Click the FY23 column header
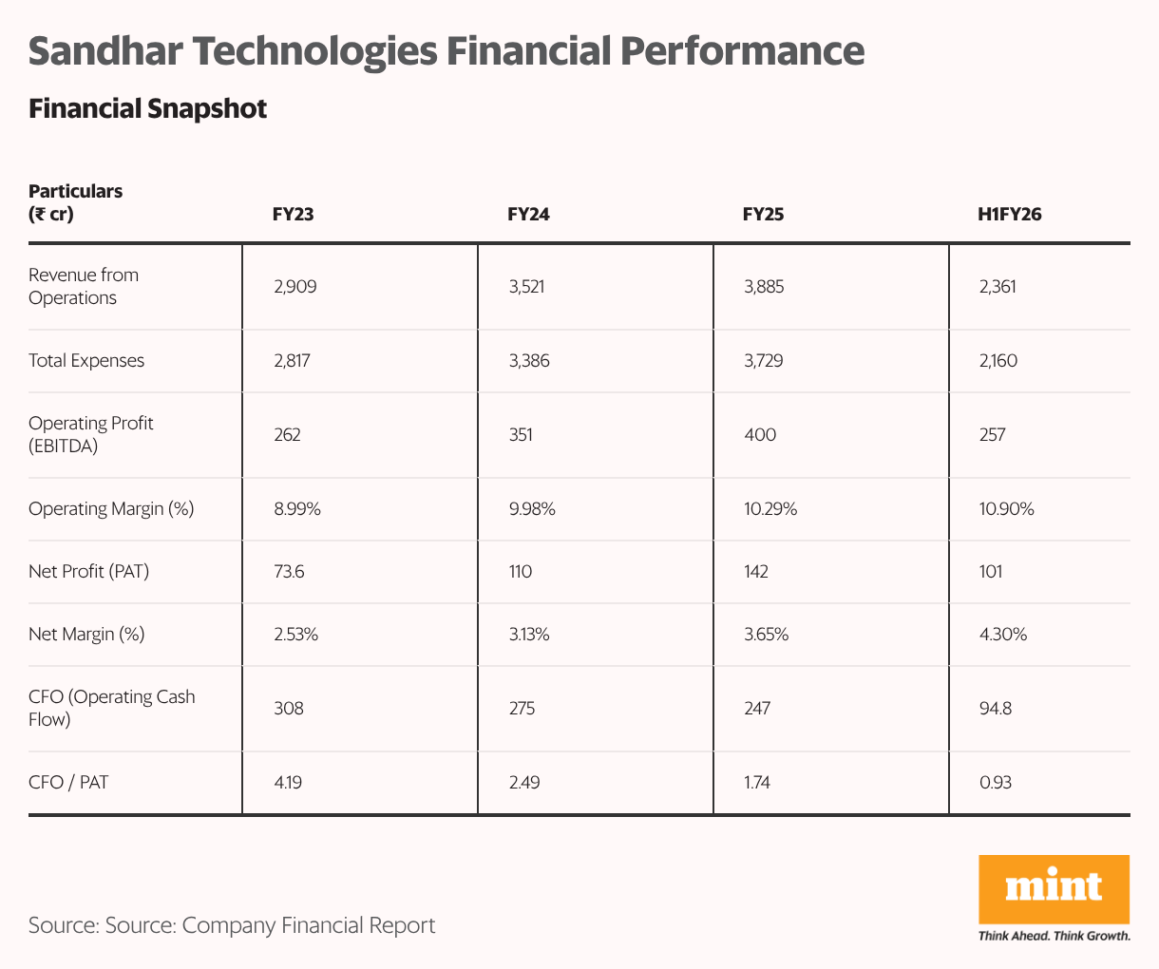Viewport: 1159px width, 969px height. click(x=294, y=215)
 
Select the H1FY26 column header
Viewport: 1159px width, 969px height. click(x=1010, y=215)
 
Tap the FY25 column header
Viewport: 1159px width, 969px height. click(x=763, y=215)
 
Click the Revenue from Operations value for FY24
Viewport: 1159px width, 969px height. click(x=528, y=287)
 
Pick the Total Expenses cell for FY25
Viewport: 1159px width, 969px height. click(x=764, y=361)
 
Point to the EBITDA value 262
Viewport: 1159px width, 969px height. click(x=287, y=435)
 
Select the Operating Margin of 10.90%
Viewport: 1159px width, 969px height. click(x=1006, y=509)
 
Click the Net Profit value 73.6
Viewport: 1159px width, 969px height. click(x=289, y=572)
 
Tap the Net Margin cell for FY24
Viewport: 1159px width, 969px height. click(x=529, y=635)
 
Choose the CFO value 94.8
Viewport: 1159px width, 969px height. click(x=995, y=709)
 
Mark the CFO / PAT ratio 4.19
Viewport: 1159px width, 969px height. click(x=288, y=783)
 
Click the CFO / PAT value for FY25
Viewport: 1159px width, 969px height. click(x=757, y=783)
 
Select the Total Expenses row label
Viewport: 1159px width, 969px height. click(x=86, y=361)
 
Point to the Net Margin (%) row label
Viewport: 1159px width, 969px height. click(x=86, y=635)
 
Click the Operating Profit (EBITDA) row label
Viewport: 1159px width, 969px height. click(x=90, y=435)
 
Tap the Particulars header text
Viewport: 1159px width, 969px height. click(x=75, y=192)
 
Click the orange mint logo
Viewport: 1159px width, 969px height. click(x=1054, y=888)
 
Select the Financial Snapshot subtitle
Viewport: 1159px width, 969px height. click(x=147, y=109)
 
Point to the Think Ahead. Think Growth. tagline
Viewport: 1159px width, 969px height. click(x=1054, y=937)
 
